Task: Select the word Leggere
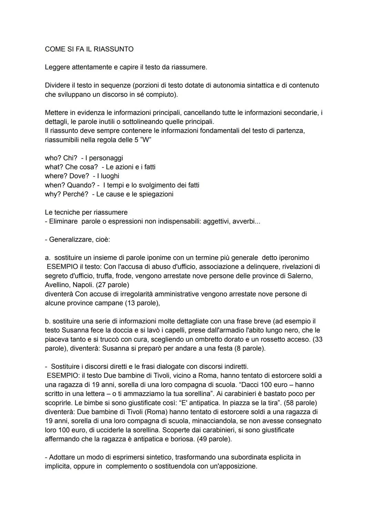click(57, 67)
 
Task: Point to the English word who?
click(53, 158)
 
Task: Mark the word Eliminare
click(63, 221)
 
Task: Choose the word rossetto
click(284, 339)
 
